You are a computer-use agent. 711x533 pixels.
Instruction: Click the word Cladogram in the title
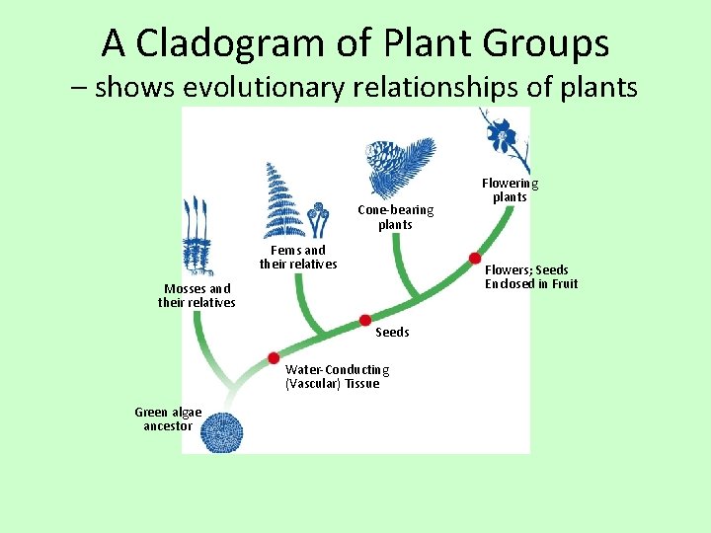[231, 43]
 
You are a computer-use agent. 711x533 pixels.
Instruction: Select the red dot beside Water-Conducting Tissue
[274, 358]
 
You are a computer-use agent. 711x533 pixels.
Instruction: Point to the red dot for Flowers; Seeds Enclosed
[475, 258]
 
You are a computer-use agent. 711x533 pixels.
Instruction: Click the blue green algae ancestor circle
[222, 431]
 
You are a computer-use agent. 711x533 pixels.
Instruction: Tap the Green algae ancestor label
[168, 419]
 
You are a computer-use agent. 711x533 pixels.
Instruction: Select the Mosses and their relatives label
[197, 296]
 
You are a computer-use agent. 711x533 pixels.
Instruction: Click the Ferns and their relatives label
[298, 258]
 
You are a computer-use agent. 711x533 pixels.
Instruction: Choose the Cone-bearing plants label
[395, 217]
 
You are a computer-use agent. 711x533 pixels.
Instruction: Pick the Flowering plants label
[510, 190]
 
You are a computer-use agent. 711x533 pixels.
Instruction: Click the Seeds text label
[392, 333]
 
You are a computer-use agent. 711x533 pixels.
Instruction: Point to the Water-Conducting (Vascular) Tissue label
[337, 376]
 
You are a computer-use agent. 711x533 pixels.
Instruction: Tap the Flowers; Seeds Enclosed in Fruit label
[531, 277]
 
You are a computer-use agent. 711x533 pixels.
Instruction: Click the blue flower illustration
[500, 135]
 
